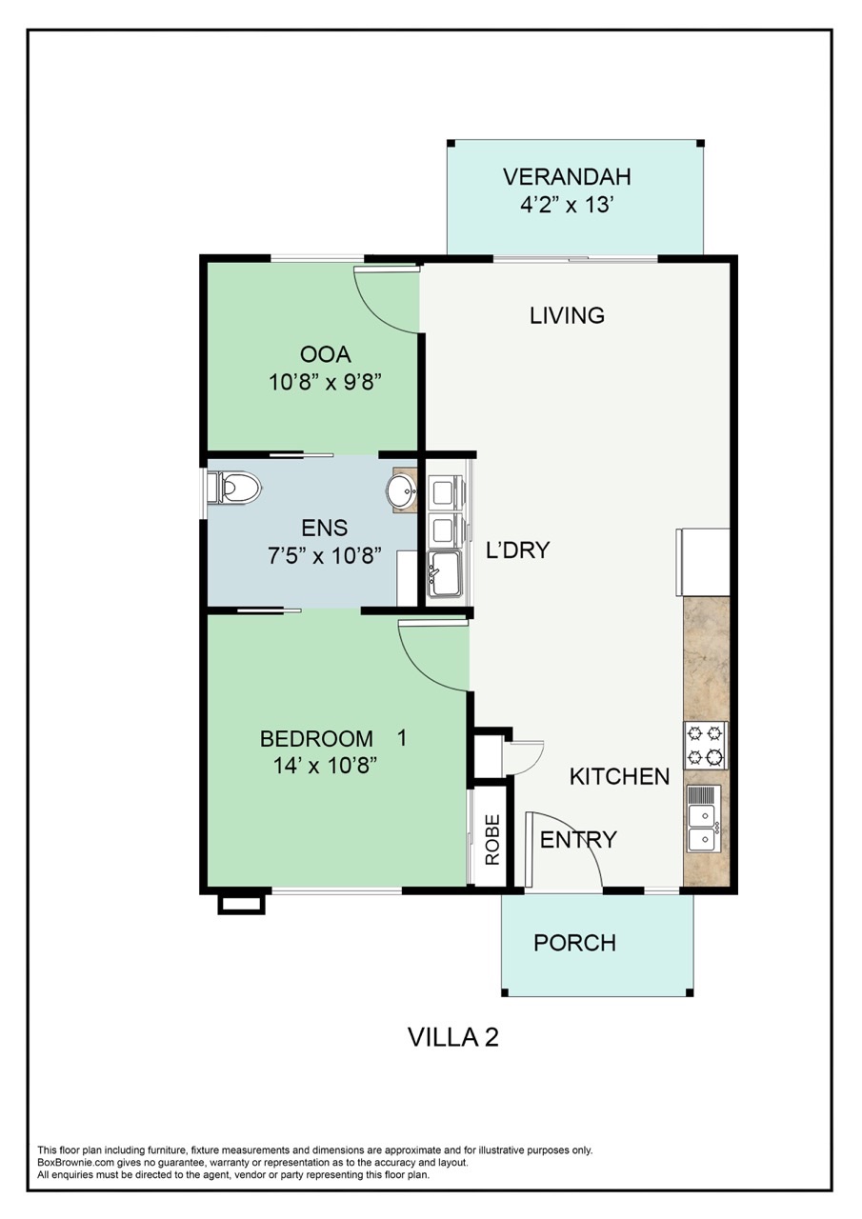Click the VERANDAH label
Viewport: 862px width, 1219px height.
pos(567,177)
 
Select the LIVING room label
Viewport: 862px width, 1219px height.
pos(567,315)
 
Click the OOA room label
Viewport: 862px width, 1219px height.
pos(326,355)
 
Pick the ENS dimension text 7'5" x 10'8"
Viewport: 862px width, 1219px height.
pos(326,555)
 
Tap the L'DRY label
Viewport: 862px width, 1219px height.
pos(518,550)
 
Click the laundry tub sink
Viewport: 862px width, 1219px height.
pos(445,575)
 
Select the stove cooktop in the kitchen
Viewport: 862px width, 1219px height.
pos(705,746)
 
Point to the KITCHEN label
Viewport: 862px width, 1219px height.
pos(619,777)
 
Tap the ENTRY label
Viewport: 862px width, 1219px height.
pos(578,840)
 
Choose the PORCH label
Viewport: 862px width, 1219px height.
pos(574,943)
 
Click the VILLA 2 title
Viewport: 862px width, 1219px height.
pos(453,1037)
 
